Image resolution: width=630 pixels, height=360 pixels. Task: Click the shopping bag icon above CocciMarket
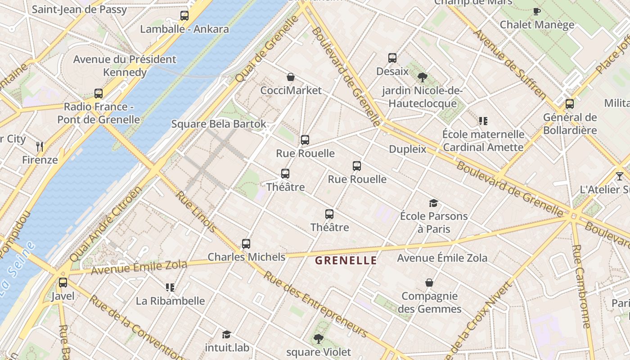[x=291, y=77]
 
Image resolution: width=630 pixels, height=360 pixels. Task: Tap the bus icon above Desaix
[x=392, y=58]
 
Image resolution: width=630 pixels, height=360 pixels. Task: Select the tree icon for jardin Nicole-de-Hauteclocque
[x=422, y=77]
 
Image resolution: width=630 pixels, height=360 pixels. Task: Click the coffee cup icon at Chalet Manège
[x=536, y=11]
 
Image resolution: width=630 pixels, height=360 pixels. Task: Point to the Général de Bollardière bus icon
[x=570, y=104]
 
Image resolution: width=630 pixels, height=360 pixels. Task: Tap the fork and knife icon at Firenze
[x=40, y=146]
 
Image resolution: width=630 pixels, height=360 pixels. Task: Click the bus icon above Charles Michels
[x=246, y=244]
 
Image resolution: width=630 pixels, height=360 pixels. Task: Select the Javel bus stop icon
[x=63, y=283]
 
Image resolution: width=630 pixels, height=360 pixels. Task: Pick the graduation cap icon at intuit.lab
[x=226, y=334]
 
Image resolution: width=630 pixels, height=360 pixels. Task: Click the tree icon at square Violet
[x=318, y=338]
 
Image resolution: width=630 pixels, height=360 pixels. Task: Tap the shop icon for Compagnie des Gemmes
[x=429, y=283]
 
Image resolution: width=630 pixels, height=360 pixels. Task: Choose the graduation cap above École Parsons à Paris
[x=433, y=203]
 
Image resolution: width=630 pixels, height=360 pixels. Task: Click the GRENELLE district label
[x=346, y=260]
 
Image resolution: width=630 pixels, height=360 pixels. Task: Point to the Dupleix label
[x=407, y=149]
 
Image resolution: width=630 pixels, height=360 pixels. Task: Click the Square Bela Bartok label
[x=219, y=124]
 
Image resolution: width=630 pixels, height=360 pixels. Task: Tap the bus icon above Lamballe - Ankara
[x=184, y=16]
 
